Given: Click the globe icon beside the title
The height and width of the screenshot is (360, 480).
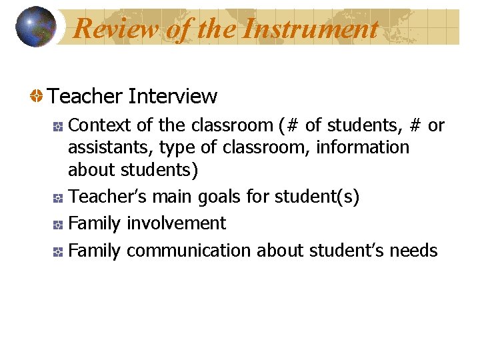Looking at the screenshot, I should click(36, 27).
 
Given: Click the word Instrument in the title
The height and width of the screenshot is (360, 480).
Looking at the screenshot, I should click(311, 29).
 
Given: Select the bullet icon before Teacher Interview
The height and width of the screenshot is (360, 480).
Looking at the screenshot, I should click(36, 97).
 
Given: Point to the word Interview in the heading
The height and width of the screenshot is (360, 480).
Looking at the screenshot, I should click(173, 97).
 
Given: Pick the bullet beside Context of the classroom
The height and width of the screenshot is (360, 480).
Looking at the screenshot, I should click(58, 126).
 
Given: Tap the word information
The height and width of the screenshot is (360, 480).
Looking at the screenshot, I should click(363, 147).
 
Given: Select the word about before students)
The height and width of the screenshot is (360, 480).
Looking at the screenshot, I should click(92, 169).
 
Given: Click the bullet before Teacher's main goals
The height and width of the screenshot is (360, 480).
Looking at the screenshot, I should click(58, 198).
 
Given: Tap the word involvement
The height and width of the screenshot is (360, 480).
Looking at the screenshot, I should click(176, 223).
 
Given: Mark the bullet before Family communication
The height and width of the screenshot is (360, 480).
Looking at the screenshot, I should click(58, 252).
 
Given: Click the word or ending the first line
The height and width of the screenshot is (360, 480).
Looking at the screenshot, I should click(436, 125).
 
